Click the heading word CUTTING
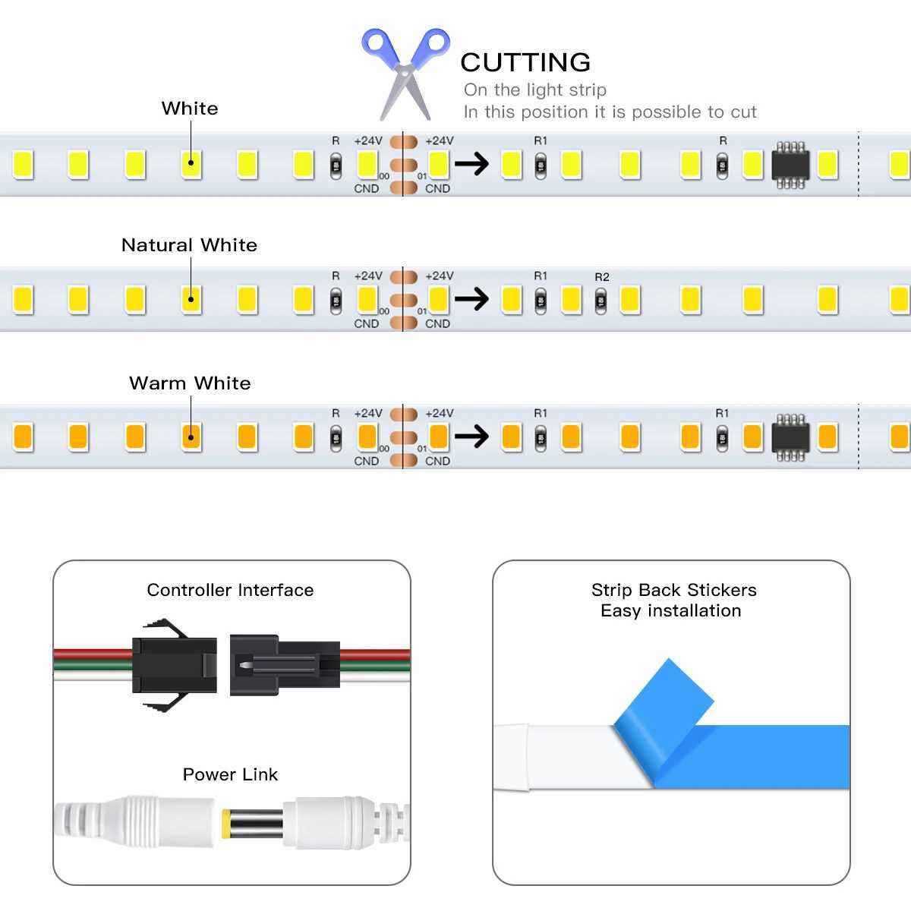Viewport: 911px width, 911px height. pos(525,62)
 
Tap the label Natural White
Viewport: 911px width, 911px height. pos(189,245)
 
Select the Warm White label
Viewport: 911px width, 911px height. pos(190,383)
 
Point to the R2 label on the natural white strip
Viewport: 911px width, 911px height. pos(601,277)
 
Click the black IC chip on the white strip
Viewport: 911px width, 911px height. pos(790,165)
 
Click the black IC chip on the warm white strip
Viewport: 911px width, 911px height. pos(790,438)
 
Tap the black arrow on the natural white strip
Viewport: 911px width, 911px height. pos(471,300)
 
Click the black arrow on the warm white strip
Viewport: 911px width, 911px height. pos(471,437)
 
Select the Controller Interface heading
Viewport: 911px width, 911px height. pos(230,590)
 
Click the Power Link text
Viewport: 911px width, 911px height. pos(230,774)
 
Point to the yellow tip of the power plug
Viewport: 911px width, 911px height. pos(226,822)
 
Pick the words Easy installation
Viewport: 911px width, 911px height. pos(670,610)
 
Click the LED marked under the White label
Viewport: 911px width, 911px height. pos(191,163)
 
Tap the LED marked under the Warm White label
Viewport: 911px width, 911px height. pos(191,437)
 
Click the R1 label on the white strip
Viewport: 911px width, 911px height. pos(541,140)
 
